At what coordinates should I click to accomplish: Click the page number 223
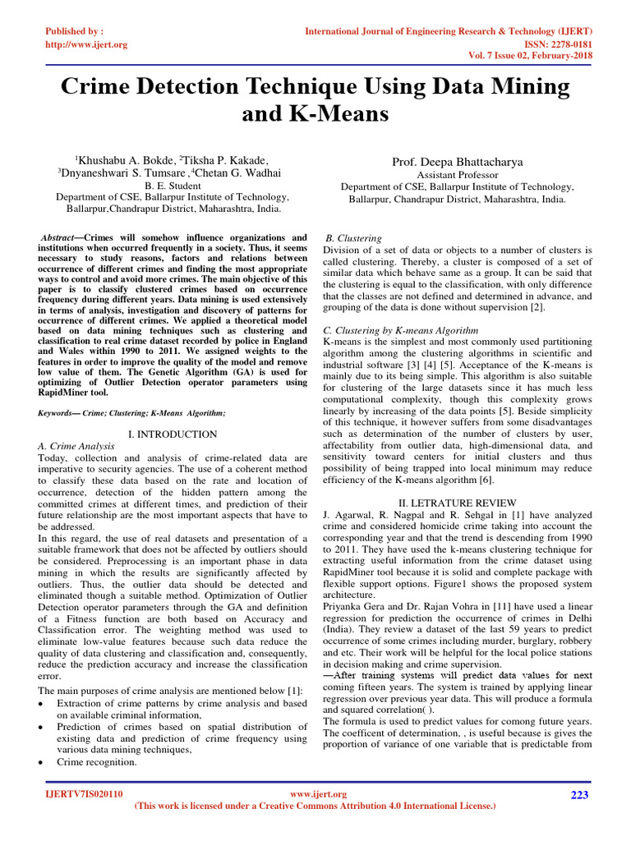pos(579,794)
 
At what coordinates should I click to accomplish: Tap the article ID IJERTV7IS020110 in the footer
pos(83,794)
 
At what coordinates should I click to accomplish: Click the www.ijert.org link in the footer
pos(320,794)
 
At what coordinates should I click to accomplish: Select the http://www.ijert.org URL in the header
pos(85,44)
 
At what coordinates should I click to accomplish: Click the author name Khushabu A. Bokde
pos(126,159)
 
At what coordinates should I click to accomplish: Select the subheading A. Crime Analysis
pos(77,445)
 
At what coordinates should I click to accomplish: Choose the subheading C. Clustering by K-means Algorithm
pos(389,329)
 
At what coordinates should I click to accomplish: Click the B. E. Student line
pos(173,186)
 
